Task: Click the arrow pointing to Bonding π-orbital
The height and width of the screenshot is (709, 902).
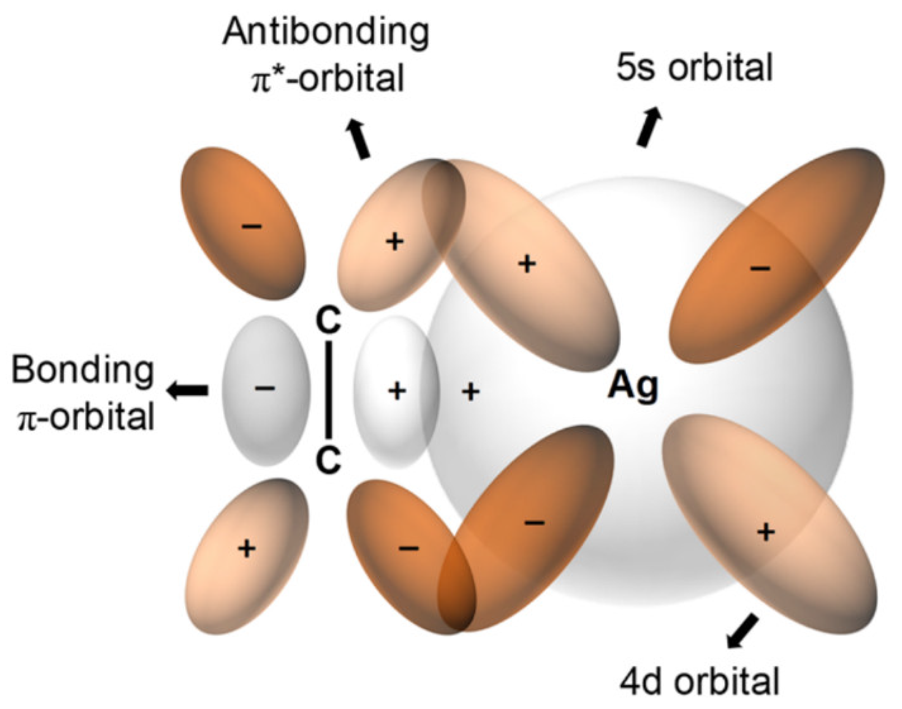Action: point(188,391)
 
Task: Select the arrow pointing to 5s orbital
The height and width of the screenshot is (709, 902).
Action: point(649,126)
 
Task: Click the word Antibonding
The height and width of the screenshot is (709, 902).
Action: point(326,32)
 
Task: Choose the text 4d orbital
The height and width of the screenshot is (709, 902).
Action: point(700,681)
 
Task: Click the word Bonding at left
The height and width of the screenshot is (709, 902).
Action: point(82,370)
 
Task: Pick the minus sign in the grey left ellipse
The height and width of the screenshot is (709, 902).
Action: point(265,388)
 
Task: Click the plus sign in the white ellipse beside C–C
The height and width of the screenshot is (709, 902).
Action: point(397,391)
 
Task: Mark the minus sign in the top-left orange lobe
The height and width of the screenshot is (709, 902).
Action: point(252,226)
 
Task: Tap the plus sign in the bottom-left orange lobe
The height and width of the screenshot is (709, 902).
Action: point(246,549)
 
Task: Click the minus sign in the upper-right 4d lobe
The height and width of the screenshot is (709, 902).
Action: point(760,268)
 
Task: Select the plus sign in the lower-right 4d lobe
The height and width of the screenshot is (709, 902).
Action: point(766,532)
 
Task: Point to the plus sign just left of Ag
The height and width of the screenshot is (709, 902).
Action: point(471,392)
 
